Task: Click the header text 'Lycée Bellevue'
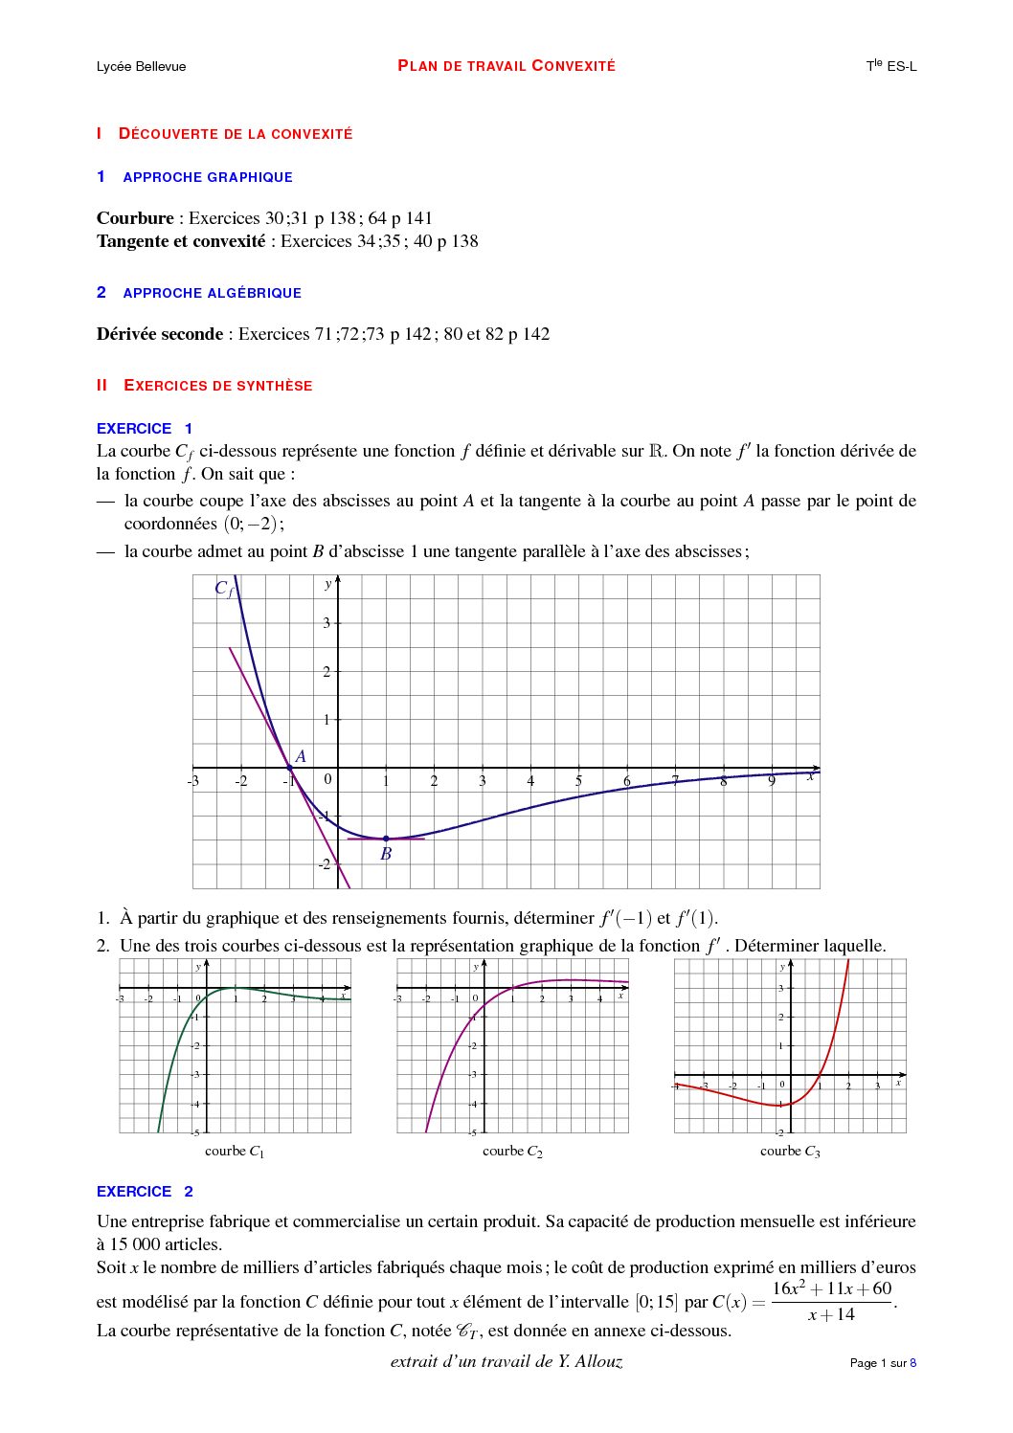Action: [141, 66]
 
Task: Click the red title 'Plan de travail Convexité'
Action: [506, 66]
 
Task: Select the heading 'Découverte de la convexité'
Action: [235, 134]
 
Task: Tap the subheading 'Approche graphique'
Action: [208, 177]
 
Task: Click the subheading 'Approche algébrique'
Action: [212, 293]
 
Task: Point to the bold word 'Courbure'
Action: [135, 218]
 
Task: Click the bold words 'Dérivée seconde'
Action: [159, 334]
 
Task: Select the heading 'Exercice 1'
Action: [145, 429]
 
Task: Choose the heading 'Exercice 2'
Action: [145, 1192]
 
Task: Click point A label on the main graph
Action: [301, 756]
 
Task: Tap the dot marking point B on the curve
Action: [386, 839]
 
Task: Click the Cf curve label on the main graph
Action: [223, 588]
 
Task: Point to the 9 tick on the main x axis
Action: [772, 781]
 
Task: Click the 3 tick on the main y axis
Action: [326, 623]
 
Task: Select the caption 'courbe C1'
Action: [235, 1152]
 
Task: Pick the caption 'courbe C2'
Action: [512, 1152]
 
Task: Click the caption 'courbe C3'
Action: [790, 1152]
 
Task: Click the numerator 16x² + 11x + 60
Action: [831, 1288]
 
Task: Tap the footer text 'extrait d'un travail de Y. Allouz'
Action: [506, 1361]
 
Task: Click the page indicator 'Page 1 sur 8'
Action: [883, 1363]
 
